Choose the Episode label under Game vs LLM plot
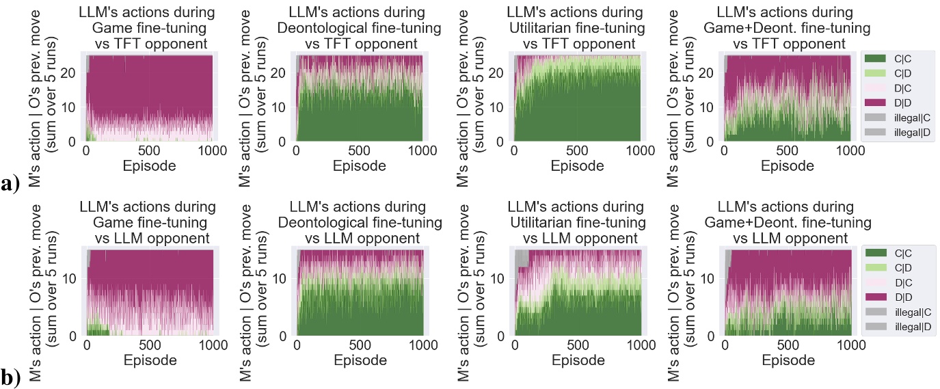tap(148, 360)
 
